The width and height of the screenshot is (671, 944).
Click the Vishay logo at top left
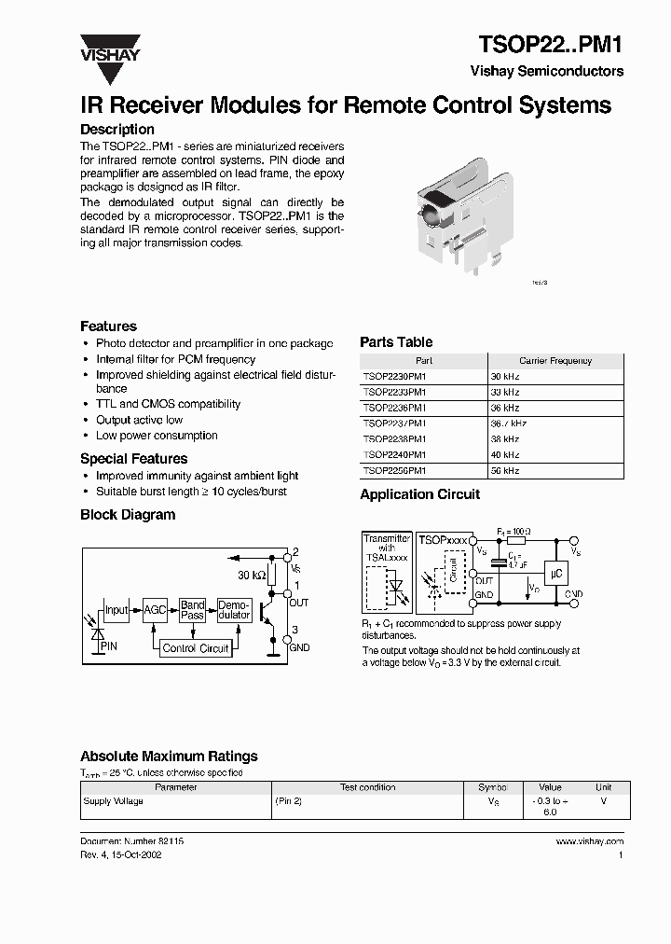coord(109,49)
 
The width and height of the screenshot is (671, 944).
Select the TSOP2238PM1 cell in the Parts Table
coord(394,438)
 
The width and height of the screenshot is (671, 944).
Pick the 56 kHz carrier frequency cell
coord(505,471)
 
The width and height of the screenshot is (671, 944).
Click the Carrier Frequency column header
coord(555,360)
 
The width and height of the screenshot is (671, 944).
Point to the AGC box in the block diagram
coord(154,610)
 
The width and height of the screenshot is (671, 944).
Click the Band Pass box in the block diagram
coord(193,610)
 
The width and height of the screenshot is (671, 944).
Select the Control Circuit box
coord(195,648)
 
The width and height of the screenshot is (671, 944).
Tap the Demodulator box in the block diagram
coord(234,610)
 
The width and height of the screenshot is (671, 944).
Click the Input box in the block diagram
coord(116,610)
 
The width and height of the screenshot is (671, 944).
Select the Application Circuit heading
coord(419,494)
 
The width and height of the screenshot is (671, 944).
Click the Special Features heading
coord(133,459)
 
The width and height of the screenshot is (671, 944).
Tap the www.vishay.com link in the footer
coord(589,841)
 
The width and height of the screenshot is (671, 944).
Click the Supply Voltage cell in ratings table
coord(114,801)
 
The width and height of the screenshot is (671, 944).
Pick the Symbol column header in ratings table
coord(492,787)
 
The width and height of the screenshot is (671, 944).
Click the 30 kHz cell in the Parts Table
coord(505,376)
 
